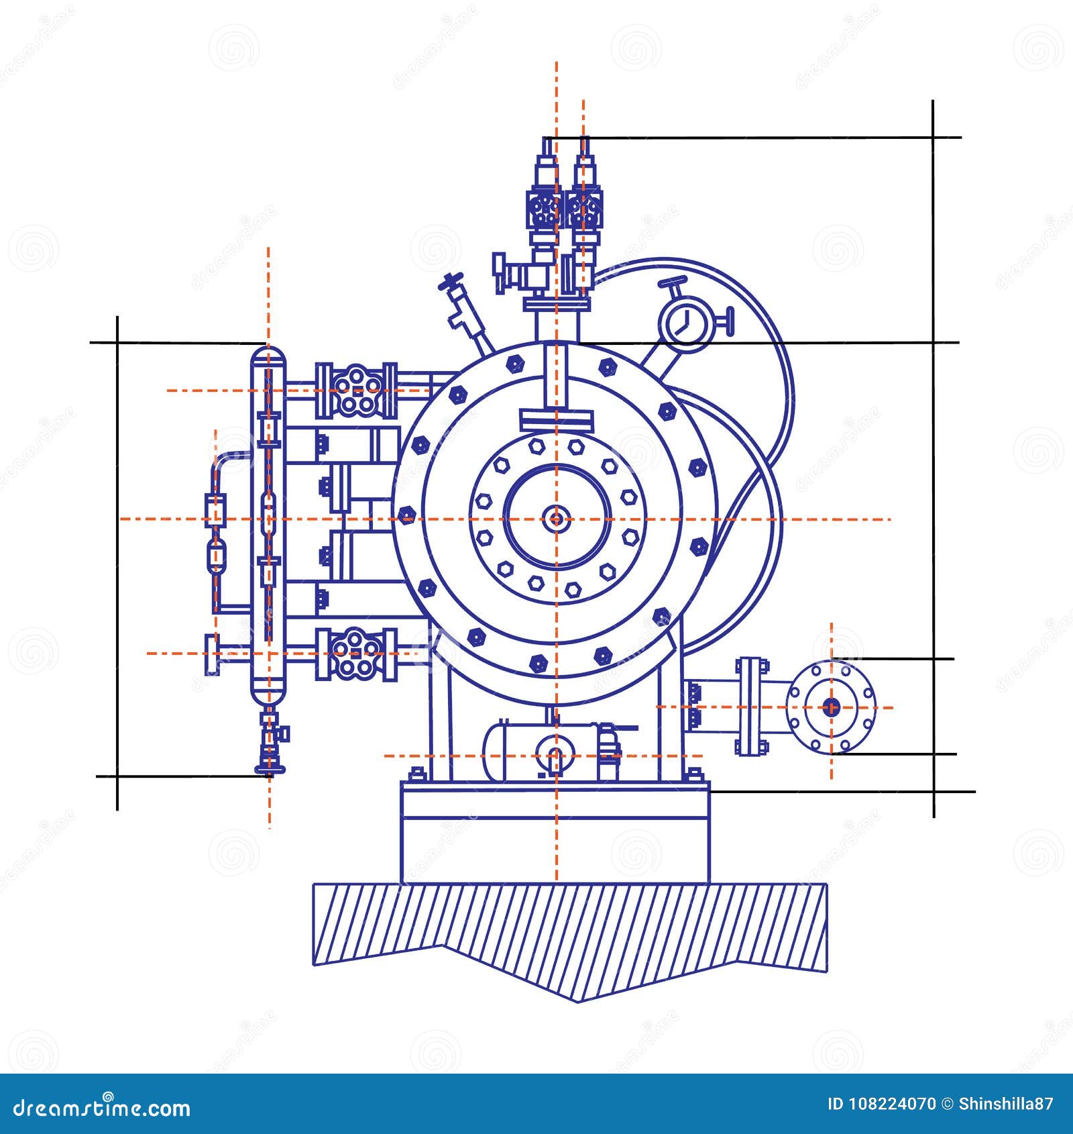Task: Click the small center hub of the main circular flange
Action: point(556,518)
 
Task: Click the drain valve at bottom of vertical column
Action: point(270,745)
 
